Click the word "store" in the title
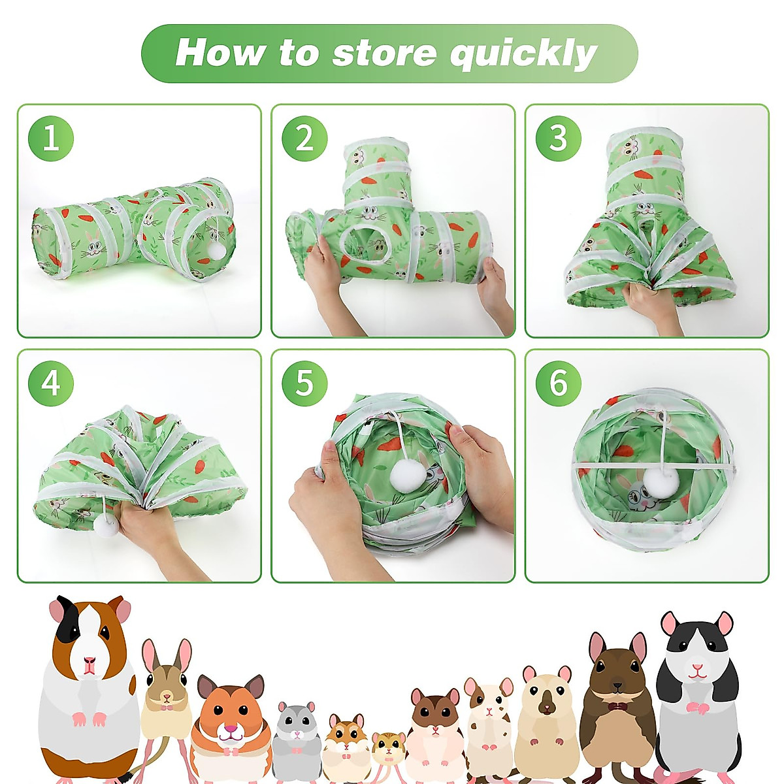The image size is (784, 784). [384, 54]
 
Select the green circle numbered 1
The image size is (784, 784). [50, 139]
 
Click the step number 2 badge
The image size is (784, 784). [304, 139]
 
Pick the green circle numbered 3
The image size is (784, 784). [558, 139]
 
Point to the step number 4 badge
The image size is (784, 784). [50, 384]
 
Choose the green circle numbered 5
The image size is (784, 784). [304, 384]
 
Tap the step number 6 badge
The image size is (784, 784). [558, 384]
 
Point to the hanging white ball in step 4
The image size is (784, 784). [106, 524]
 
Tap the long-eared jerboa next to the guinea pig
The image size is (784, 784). [167, 693]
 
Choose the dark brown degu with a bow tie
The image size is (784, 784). [617, 706]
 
